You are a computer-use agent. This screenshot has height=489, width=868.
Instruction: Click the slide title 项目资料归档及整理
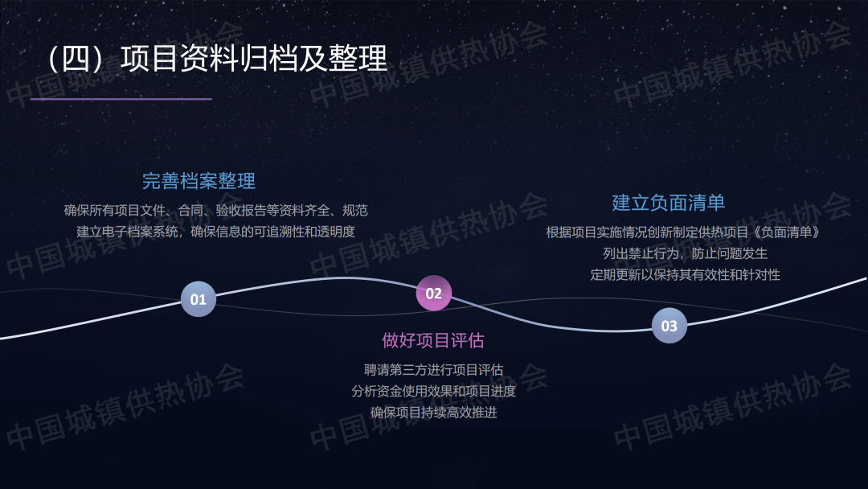[254, 58]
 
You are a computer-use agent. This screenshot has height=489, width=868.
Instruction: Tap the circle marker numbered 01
[199, 299]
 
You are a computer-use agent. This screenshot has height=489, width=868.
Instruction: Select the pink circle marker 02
[433, 293]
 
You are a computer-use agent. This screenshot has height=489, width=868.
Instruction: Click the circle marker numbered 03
[669, 326]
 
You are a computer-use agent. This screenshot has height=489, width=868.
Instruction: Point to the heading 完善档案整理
[199, 181]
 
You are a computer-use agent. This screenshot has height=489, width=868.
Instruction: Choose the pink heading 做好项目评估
[433, 340]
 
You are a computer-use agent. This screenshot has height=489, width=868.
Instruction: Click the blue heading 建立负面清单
[669, 203]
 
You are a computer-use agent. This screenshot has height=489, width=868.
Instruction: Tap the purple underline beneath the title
[121, 99]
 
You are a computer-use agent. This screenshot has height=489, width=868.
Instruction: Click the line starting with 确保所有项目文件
[216, 211]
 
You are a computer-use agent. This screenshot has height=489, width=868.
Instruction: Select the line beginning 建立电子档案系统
[216, 232]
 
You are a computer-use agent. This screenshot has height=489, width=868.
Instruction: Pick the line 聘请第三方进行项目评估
[433, 369]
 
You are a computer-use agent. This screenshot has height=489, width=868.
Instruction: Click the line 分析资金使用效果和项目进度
[433, 391]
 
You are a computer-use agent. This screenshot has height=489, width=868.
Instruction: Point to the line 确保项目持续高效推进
[433, 413]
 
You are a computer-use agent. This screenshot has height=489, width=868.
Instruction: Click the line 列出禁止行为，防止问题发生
[685, 253]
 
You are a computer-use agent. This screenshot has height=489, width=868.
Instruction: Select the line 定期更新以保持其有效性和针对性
[685, 275]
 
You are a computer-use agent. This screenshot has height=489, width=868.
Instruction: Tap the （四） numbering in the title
[76, 58]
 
